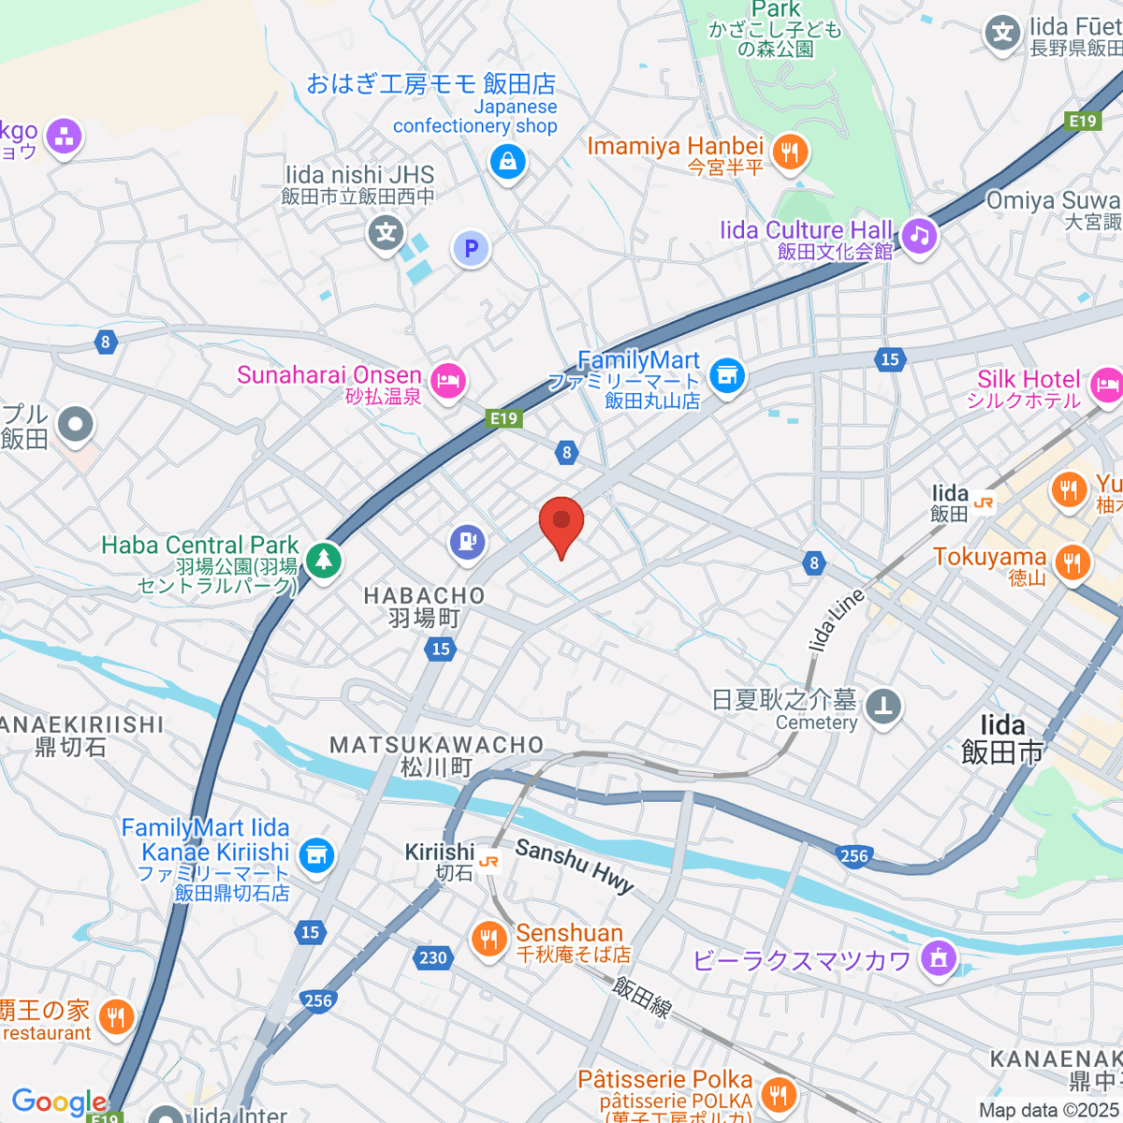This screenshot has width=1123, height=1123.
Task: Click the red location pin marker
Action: coord(561,522)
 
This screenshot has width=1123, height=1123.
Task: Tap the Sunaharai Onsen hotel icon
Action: coord(449,381)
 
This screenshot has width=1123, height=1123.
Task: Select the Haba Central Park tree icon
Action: coord(324,561)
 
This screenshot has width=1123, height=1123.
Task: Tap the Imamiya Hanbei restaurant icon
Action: coord(791,151)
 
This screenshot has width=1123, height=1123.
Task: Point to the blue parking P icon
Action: coord(471,249)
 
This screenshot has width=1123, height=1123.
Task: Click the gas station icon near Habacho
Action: coord(467,541)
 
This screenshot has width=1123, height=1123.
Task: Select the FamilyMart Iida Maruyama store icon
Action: coord(726,376)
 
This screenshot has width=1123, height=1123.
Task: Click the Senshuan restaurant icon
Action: coord(488,940)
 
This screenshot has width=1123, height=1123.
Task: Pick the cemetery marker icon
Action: coord(883,707)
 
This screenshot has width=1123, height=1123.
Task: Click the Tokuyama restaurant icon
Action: coord(1072,562)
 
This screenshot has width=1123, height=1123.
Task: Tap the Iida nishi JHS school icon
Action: coord(386,232)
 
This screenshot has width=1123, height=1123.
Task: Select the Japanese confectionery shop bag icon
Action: coord(507,162)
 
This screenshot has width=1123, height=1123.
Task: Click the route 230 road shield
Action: coord(432,957)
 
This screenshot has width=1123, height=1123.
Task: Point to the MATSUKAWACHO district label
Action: coord(437,745)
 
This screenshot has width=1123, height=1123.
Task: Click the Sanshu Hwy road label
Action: coord(575,867)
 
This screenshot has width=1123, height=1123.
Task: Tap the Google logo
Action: coord(58,1102)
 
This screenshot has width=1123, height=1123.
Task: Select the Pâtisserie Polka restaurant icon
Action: coord(778,1092)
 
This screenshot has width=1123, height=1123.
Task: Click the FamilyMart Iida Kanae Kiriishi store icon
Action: coord(316,853)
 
